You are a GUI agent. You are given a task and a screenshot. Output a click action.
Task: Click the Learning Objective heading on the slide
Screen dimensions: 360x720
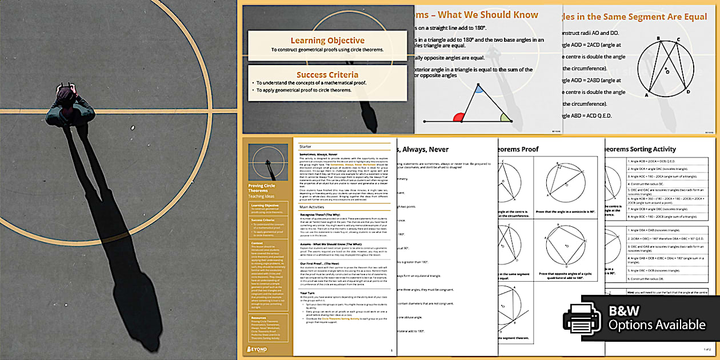[x=327, y=41]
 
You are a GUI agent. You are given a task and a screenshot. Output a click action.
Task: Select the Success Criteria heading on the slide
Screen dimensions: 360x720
[x=327, y=75]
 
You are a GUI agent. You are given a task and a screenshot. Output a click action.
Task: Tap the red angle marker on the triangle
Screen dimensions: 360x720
[x=458, y=118]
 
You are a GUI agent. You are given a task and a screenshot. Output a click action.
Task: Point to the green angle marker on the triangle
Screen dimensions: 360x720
[x=505, y=117]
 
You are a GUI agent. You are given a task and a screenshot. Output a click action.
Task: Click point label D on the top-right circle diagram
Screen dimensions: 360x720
[x=688, y=92]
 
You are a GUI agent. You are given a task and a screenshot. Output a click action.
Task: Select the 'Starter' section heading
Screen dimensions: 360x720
[x=306, y=147]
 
